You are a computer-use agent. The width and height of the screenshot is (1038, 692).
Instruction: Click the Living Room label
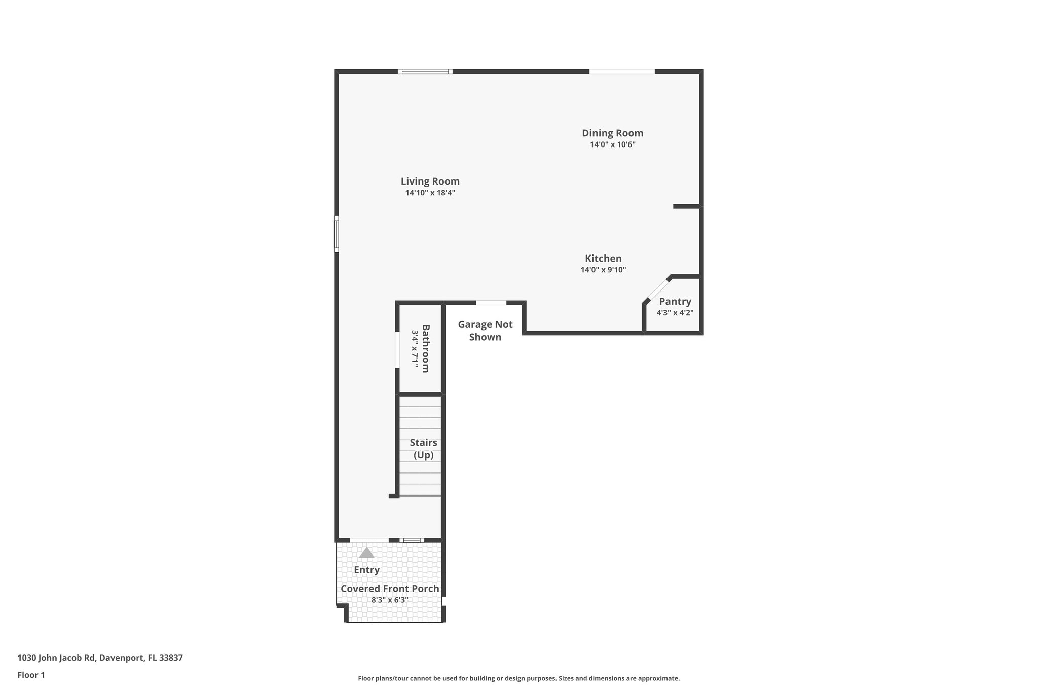430,181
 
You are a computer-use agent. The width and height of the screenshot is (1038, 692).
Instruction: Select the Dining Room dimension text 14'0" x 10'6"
612,144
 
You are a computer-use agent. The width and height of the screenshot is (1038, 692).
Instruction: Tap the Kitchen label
603,258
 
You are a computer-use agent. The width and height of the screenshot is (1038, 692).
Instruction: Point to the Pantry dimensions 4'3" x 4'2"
675,313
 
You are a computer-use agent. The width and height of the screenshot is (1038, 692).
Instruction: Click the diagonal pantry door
658,289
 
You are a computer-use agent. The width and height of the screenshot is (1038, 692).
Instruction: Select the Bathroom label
425,348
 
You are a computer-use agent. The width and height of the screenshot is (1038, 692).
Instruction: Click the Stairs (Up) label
423,449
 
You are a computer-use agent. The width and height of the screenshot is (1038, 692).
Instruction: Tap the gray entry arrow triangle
366,552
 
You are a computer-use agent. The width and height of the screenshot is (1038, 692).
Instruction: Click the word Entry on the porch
366,570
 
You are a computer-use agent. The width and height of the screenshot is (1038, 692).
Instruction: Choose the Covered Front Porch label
390,589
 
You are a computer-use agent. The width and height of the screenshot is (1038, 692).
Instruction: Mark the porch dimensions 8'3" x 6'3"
390,600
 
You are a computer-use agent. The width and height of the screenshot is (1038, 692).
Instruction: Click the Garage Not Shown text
485,331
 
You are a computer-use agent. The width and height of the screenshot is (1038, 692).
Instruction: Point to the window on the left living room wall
336,234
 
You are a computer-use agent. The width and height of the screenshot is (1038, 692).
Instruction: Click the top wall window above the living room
425,71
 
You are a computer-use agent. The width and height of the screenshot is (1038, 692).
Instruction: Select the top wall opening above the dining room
621,71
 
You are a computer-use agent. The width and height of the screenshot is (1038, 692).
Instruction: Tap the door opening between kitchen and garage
491,303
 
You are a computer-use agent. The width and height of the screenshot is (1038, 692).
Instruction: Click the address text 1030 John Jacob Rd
100,658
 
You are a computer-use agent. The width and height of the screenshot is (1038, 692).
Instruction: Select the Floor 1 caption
31,675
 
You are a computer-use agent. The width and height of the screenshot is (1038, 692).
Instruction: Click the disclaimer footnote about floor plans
518,678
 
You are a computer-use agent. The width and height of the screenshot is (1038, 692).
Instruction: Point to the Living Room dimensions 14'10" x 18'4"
430,193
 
